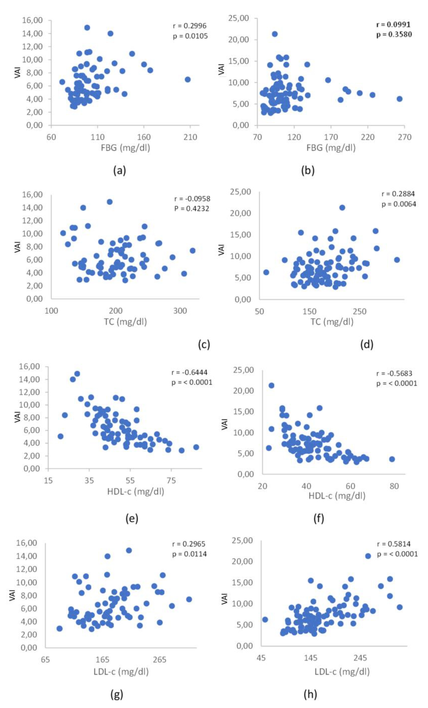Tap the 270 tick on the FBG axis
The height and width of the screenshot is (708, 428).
(404, 137)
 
